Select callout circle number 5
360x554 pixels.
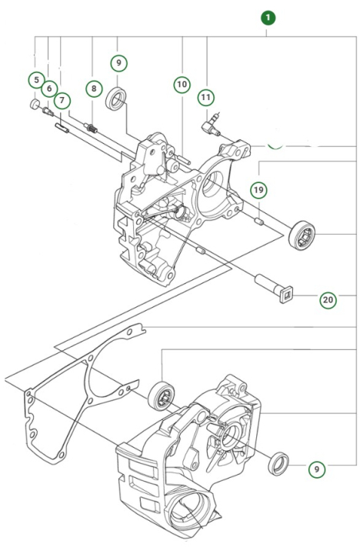point(35,79)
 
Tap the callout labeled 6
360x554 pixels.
point(49,88)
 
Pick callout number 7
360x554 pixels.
point(62,100)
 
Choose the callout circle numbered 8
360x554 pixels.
point(93,88)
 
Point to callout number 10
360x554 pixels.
point(181,83)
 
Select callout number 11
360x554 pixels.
point(205,97)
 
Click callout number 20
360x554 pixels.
point(328,300)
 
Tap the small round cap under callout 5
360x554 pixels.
point(35,102)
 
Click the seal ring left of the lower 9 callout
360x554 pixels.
point(278,464)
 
